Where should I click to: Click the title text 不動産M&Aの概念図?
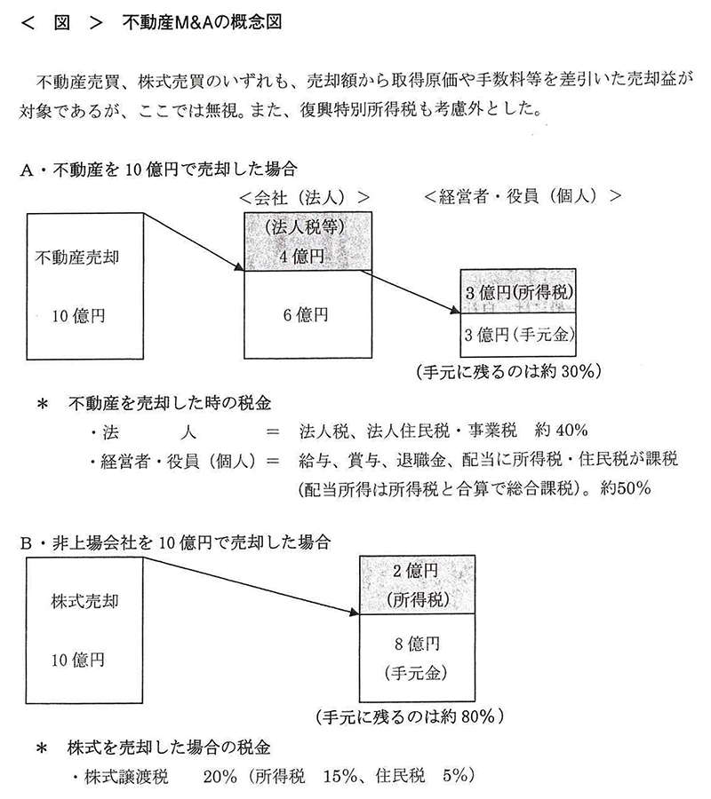click(x=202, y=22)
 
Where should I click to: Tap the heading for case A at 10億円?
click(x=158, y=170)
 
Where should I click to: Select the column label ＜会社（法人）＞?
click(x=305, y=197)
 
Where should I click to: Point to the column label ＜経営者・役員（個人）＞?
click(x=523, y=196)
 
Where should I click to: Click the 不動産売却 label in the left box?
click(x=77, y=257)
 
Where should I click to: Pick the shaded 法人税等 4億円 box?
click(x=308, y=241)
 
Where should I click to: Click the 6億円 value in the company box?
click(x=306, y=315)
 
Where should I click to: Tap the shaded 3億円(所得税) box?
click(x=518, y=291)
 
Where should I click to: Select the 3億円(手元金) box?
click(x=518, y=335)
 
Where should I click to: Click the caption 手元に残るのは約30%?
click(x=509, y=371)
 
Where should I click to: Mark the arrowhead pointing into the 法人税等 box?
click(x=239, y=267)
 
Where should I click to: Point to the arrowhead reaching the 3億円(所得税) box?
click(x=455, y=310)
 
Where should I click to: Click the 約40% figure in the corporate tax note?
click(x=561, y=431)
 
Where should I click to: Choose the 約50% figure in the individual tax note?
click(x=626, y=488)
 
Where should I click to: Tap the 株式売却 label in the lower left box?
click(x=84, y=601)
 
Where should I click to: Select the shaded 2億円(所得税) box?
click(x=417, y=585)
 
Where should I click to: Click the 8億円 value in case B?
click(x=417, y=644)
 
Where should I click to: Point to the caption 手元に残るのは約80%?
click(x=410, y=717)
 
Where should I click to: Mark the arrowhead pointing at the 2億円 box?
click(x=355, y=612)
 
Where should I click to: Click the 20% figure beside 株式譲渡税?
click(x=220, y=776)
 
